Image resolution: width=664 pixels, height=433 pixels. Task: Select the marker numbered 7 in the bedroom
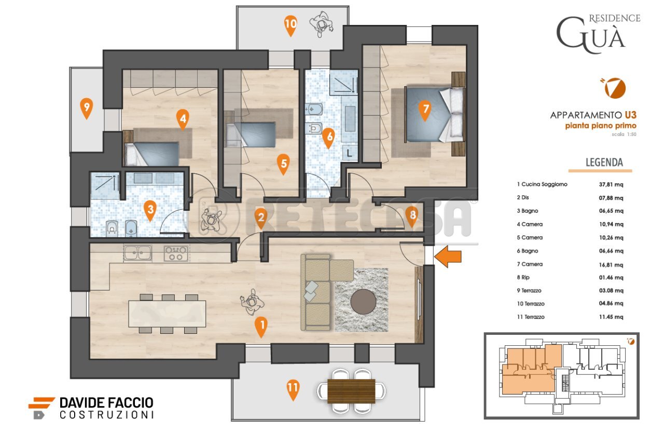coord(424,110)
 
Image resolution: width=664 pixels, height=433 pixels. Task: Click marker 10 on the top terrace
coord(291,24)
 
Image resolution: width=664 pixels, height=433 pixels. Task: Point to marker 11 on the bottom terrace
coord(293,388)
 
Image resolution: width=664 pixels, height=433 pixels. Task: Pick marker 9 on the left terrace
coord(87,109)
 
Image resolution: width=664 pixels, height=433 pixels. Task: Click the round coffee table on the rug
coord(362,302)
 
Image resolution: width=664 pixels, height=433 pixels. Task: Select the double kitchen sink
coord(137,253)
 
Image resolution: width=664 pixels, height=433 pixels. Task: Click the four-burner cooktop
coord(176,253)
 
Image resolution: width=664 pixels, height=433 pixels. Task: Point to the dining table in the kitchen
coord(167,314)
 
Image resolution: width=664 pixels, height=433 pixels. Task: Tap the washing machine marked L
coord(350,153)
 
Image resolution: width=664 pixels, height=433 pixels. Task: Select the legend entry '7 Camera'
coord(530,264)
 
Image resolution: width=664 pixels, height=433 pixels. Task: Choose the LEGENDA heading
coord(604,163)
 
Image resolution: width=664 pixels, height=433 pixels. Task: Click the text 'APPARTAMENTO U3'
coord(593,115)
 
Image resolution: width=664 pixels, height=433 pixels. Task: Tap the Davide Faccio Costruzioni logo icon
coord(41,408)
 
